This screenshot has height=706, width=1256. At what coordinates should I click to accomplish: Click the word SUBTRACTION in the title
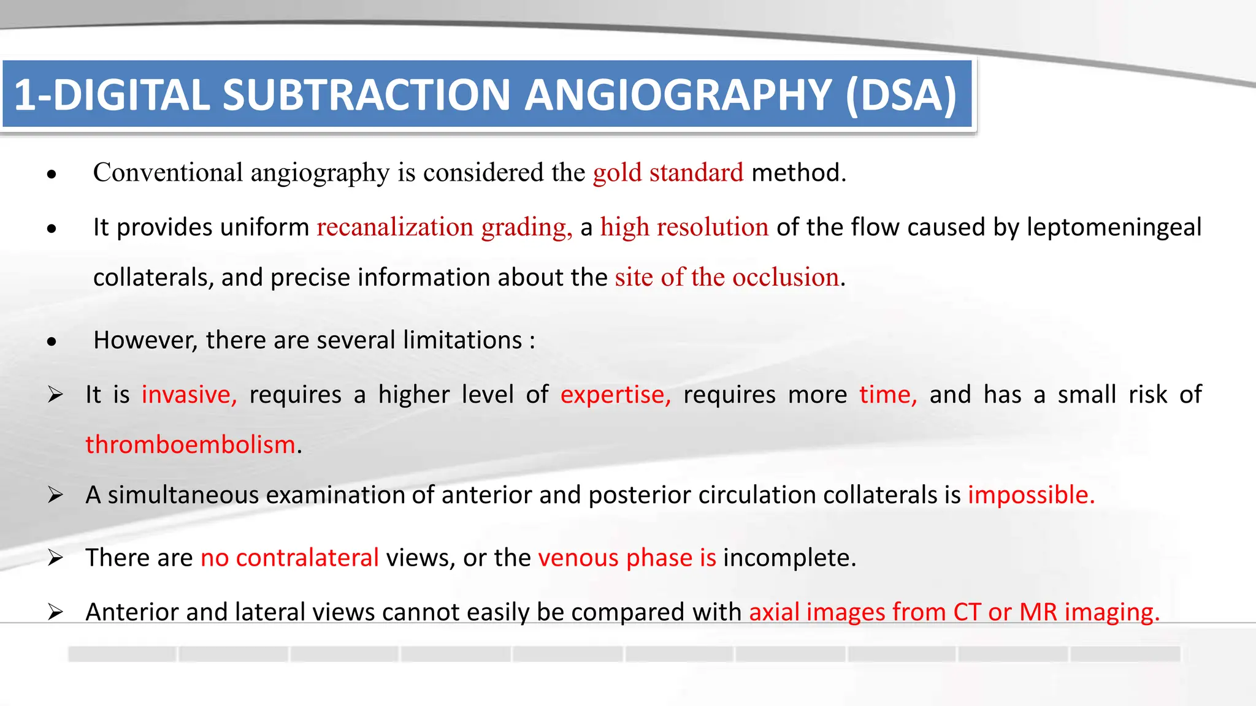coord(366,95)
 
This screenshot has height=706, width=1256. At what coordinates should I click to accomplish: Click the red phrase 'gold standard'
coord(668,172)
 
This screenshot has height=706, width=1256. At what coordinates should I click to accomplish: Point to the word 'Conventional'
coord(168,172)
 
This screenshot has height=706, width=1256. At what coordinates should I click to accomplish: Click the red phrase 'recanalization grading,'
coord(444,227)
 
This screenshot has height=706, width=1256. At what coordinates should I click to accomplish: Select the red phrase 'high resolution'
coord(684,227)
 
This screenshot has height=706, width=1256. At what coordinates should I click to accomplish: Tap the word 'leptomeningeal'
coord(1114,227)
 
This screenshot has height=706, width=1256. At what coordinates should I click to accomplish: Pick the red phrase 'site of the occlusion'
coord(727,277)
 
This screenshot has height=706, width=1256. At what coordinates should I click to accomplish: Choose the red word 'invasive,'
coord(189,395)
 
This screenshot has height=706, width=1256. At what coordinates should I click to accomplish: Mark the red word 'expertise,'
coord(616,395)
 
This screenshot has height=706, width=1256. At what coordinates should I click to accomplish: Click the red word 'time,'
coord(888,395)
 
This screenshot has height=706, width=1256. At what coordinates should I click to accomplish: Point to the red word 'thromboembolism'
coord(190,444)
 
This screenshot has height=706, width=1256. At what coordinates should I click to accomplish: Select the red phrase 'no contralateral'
coord(289,558)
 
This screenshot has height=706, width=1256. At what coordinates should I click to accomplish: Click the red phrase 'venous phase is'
coord(627,558)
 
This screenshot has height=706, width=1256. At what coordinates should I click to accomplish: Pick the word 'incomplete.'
coord(789,558)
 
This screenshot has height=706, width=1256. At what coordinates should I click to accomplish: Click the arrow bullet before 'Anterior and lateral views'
coord(55,612)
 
